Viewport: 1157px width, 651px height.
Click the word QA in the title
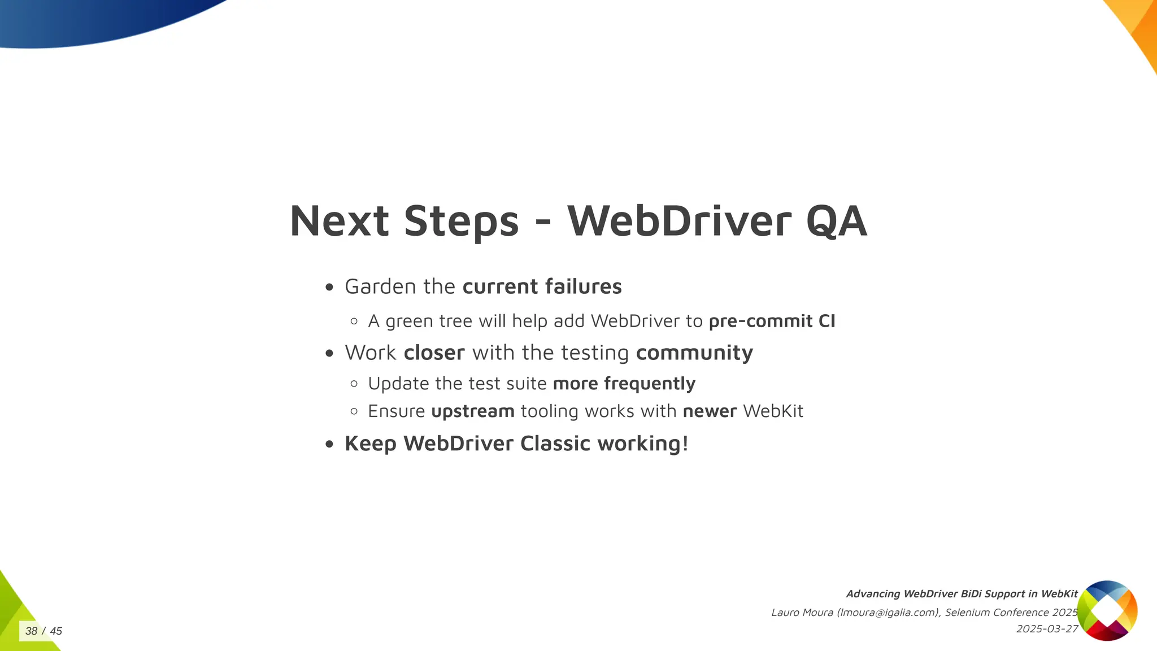[836, 221]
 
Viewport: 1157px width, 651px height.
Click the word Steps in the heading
[461, 221]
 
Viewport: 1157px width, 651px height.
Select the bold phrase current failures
[542, 287]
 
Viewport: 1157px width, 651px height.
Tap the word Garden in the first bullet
[380, 287]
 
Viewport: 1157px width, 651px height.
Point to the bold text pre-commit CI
[772, 321]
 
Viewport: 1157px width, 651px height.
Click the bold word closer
[434, 353]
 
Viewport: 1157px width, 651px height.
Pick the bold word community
[694, 353]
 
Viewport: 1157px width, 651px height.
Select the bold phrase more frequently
[624, 383]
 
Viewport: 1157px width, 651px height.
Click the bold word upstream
[472, 411]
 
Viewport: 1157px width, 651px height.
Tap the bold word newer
[710, 411]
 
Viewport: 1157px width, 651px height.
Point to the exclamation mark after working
[685, 444]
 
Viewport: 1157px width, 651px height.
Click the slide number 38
[32, 631]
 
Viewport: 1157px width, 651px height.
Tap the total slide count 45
[56, 631]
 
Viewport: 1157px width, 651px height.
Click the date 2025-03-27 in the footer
[1047, 629]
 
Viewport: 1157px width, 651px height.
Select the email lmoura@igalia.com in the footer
[888, 613]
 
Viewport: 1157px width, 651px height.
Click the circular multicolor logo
[1107, 610]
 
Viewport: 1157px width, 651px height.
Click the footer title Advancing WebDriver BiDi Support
[962, 594]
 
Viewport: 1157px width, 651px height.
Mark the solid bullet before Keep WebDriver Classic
[330, 444]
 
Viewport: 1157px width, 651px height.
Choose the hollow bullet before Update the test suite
[354, 384]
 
